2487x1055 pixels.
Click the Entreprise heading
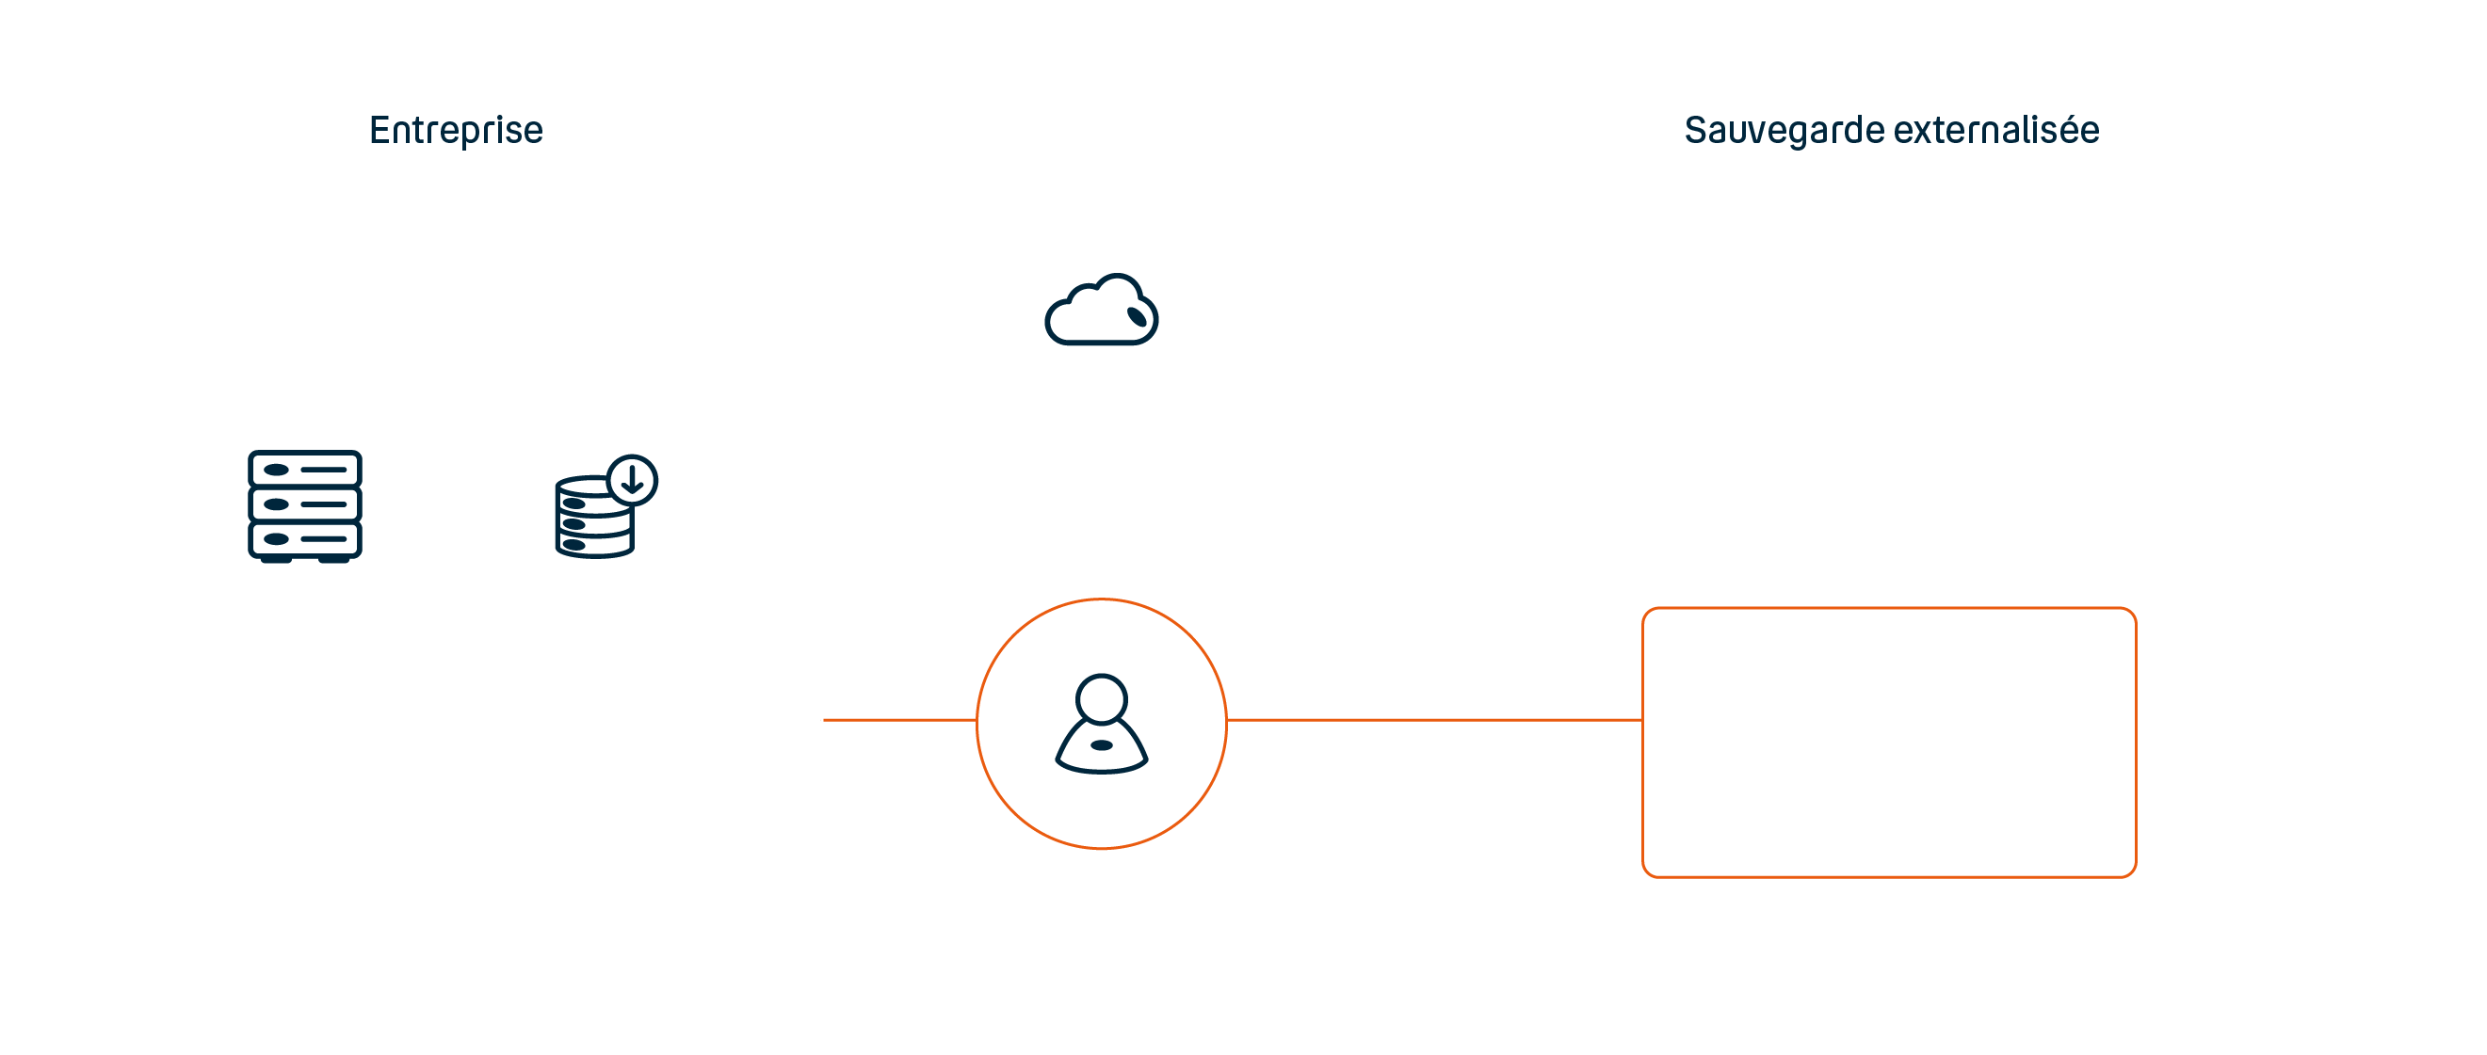[x=456, y=130]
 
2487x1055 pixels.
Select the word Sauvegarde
[x=1785, y=130]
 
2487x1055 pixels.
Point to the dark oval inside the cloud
[x=1138, y=316]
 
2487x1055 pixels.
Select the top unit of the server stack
[x=305, y=469]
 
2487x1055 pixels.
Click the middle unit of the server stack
[x=305, y=504]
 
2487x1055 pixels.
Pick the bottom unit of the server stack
[x=305, y=538]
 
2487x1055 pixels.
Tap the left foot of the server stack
[x=276, y=559]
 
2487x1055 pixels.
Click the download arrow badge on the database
[x=633, y=480]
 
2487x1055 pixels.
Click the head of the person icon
[x=1102, y=698]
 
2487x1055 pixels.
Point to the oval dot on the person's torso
[x=1102, y=745]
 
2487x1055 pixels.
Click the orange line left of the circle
[x=898, y=719]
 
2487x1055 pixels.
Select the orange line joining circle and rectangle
[x=1433, y=719]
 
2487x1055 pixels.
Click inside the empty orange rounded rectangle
[x=1888, y=742]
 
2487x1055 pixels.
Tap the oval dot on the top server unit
[x=276, y=470]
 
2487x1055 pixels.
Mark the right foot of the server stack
[x=334, y=559]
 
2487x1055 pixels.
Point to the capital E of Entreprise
[x=380, y=130]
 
